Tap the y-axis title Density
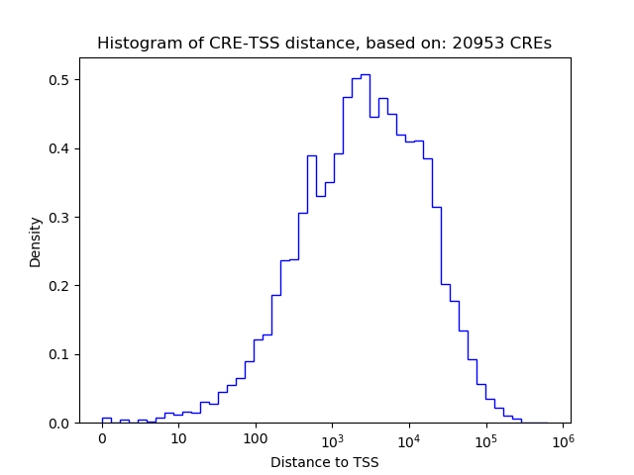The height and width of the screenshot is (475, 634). tap(36, 241)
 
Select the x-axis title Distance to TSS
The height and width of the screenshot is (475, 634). tap(325, 462)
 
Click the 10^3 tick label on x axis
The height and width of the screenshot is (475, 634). tap(332, 438)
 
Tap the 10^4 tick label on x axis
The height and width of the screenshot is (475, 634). tap(409, 438)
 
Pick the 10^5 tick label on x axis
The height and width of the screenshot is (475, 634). tap(485, 438)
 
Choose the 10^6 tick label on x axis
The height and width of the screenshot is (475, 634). tap(563, 438)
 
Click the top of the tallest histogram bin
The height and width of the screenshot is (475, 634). tap(365, 74)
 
